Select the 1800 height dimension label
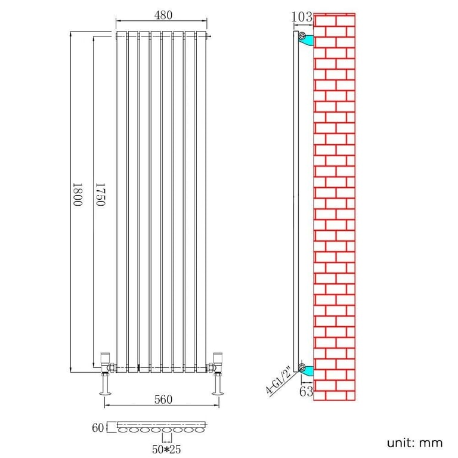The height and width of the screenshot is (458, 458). pyautogui.click(x=77, y=194)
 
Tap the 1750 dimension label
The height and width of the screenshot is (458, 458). pyautogui.click(x=100, y=194)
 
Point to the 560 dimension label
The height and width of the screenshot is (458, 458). pyautogui.click(x=162, y=400)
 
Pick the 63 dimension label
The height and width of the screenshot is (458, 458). pyautogui.click(x=307, y=391)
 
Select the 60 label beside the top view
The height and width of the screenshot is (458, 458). pyautogui.click(x=97, y=427)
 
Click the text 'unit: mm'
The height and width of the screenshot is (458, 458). pyautogui.click(x=414, y=442)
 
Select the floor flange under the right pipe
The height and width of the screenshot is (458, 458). pyautogui.click(x=217, y=392)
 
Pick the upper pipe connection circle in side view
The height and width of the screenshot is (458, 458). pyautogui.click(x=302, y=36)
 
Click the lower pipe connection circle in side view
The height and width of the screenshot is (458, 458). pyautogui.click(x=302, y=367)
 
